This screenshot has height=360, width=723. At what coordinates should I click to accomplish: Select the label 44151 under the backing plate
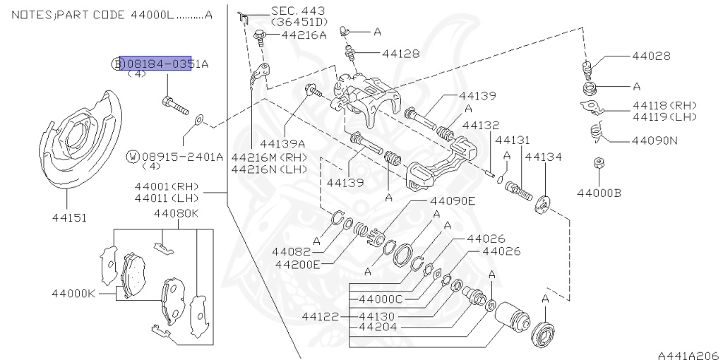point(68,218)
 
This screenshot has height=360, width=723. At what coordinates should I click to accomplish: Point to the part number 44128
point(401,53)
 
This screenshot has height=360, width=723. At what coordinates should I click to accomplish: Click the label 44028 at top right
point(651,56)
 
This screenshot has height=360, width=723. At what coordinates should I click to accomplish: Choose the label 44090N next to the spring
point(655,140)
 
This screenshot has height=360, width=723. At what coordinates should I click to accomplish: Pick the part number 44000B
point(599,192)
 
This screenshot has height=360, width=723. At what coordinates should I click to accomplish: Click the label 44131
point(512,140)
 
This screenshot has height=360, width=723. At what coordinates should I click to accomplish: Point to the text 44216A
point(304,34)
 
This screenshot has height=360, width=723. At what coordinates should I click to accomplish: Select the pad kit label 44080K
point(177,213)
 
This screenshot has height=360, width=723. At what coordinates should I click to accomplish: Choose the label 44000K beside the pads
point(73,292)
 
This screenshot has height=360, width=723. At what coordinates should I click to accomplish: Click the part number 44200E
point(297,265)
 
